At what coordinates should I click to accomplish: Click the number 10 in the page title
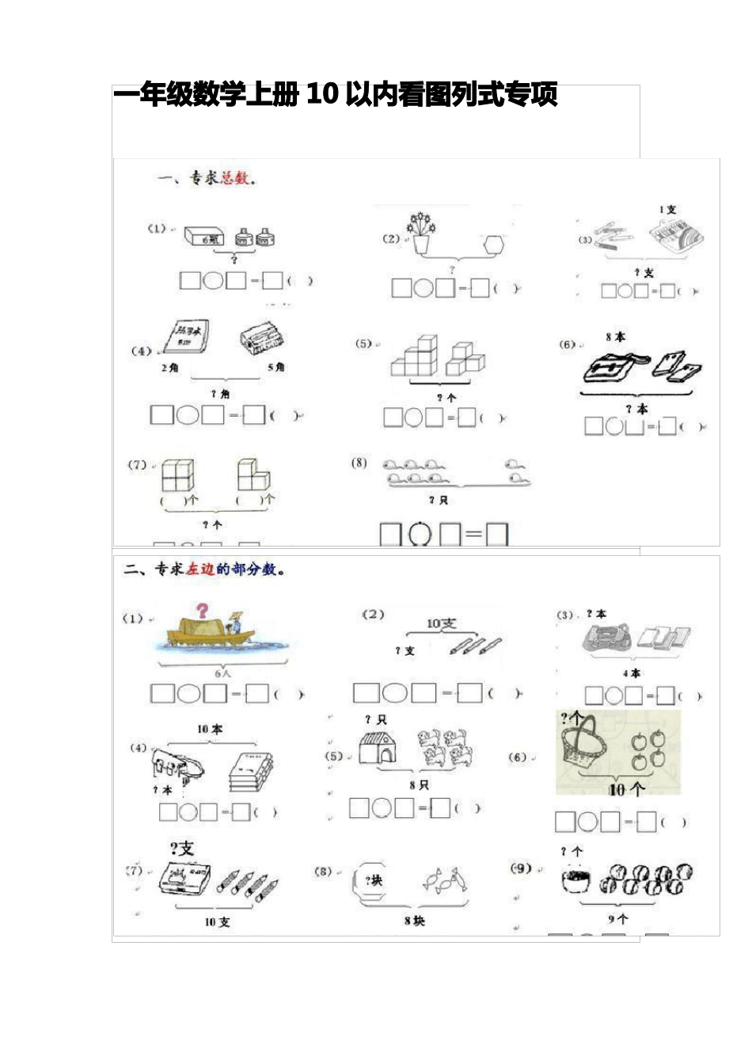tap(322, 94)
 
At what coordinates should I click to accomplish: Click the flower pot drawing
tap(421, 233)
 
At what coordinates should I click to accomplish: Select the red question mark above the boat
tap(203, 610)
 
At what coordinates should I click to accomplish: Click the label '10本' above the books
tap(210, 729)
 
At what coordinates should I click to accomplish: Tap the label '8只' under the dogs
tap(419, 785)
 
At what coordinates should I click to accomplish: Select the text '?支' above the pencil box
tap(181, 849)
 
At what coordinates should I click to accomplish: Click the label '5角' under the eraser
tap(275, 368)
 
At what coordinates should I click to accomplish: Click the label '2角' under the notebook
tap(170, 368)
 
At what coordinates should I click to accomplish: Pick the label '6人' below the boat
tap(223, 674)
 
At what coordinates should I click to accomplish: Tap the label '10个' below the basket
tap(626, 789)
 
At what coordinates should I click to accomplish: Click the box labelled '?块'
tap(373, 880)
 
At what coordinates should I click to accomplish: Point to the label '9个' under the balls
tap(617, 919)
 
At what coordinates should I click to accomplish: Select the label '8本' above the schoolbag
tap(615, 337)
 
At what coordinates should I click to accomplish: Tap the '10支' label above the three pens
tap(441, 623)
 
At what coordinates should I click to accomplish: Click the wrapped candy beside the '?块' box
tap(445, 880)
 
